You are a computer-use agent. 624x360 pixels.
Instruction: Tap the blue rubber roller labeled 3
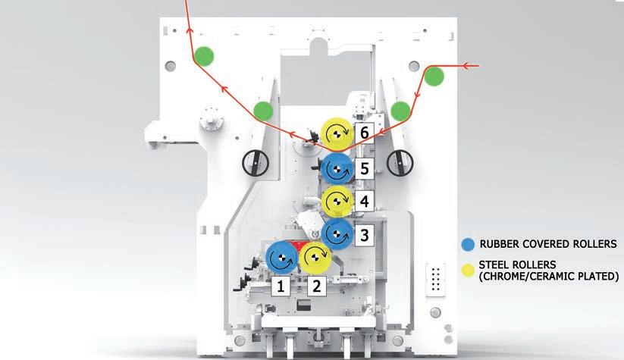click(334, 233)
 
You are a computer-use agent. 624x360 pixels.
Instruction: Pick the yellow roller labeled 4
click(334, 201)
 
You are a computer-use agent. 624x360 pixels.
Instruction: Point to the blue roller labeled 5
click(334, 168)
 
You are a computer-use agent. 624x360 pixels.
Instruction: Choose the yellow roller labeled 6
click(334, 133)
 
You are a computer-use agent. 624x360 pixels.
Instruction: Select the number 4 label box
click(364, 202)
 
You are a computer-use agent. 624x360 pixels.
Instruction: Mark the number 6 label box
click(365, 133)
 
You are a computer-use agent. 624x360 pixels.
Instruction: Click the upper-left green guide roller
click(202, 55)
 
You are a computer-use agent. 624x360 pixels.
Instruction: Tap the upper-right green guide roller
click(434, 76)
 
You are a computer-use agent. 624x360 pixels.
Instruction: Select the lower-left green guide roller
click(263, 111)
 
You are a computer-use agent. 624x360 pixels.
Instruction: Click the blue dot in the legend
click(467, 244)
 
